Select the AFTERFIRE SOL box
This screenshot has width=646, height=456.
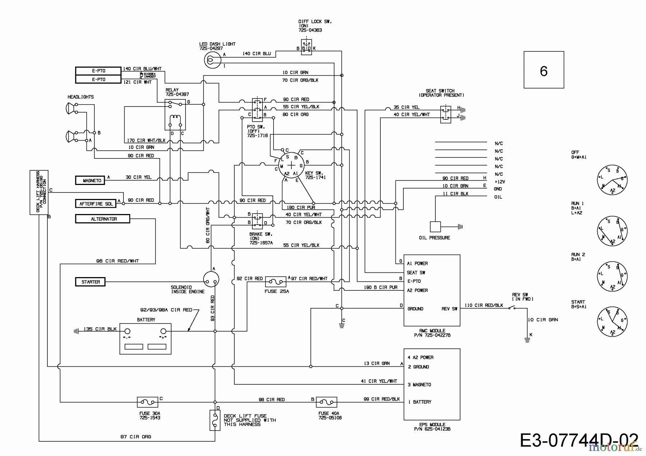96,204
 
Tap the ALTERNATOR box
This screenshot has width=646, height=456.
102,219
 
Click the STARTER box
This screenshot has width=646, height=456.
90,282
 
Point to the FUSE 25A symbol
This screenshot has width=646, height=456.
276,282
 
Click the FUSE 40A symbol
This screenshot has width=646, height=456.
326,402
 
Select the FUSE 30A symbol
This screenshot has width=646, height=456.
148,402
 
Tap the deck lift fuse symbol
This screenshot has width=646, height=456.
215,420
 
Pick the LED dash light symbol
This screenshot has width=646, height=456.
212,60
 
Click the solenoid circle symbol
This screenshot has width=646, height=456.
211,279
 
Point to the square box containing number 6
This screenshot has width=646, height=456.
544,70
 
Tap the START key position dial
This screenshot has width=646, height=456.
612,322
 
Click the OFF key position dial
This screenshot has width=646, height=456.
612,180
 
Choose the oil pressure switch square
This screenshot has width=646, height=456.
435,227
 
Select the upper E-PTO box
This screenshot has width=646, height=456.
98,71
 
